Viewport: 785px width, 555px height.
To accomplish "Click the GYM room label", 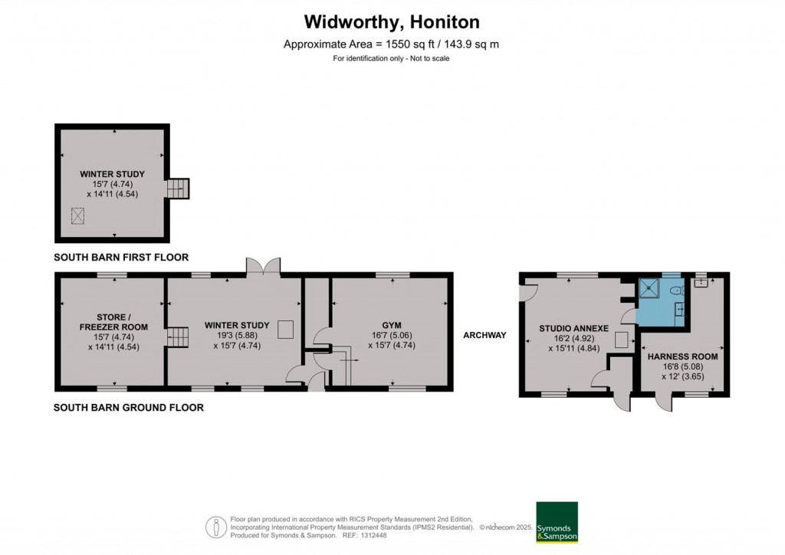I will coord(392,326).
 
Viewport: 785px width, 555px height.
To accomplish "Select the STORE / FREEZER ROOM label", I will coord(112,322).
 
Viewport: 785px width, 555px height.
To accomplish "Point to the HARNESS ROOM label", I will coord(682,356).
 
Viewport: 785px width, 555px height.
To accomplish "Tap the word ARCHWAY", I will coord(484,335).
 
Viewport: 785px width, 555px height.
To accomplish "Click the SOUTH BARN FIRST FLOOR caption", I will coord(121,258).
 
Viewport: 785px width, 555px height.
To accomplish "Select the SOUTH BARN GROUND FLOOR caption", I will coord(129,408).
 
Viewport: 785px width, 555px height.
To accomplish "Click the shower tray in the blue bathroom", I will coord(650,287).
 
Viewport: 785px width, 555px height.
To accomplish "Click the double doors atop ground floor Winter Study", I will coord(263,266).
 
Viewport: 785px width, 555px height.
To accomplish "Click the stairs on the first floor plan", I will coord(178,188).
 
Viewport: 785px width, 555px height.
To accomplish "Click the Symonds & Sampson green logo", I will coord(557,523).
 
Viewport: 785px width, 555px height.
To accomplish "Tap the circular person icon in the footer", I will coord(216,527).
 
